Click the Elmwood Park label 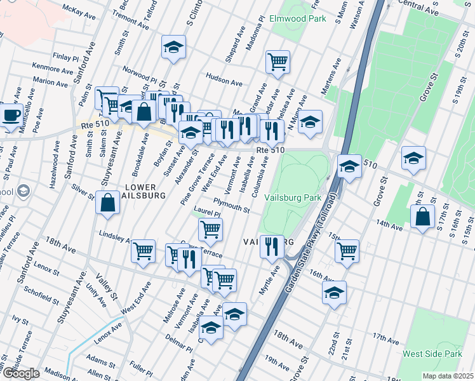(297, 18)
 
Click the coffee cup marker (11, 115)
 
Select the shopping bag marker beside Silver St (108, 203)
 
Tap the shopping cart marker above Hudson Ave (278, 62)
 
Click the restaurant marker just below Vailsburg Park (272, 246)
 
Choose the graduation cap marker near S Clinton (173, 48)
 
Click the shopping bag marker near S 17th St (422, 217)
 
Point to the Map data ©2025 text (448, 376)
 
